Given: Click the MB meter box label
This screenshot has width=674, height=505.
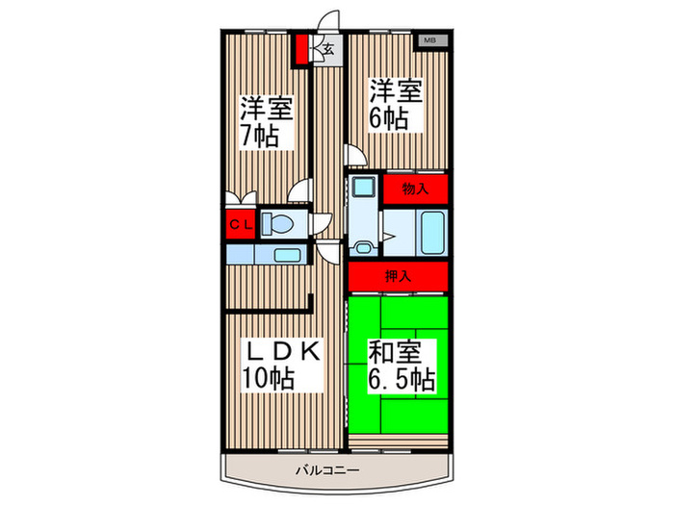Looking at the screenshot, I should tap(430, 40).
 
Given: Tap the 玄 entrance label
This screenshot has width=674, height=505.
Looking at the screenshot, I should tap(328, 50).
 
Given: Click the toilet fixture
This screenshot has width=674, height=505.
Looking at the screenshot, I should tap(277, 224).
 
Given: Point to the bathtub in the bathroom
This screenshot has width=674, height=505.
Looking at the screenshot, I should tap(430, 232).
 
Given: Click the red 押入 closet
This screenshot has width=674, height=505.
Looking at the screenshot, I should tap(399, 276).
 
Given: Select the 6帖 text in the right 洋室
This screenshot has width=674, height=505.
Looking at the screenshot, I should tap(388, 120).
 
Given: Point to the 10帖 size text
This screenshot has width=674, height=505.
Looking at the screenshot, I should tap(268, 379).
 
